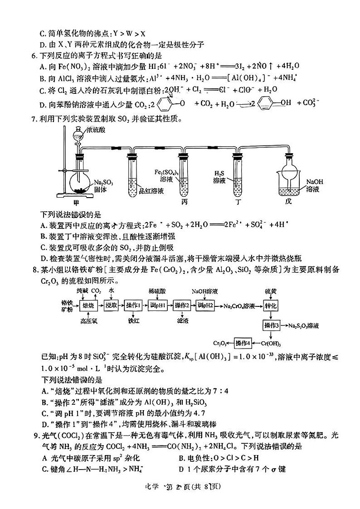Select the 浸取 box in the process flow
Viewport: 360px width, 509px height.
[111, 306]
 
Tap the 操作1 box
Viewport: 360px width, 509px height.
[134, 306]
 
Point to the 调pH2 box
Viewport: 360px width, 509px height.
[205, 306]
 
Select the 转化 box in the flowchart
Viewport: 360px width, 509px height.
[271, 306]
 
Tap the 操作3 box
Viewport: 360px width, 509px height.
[271, 325]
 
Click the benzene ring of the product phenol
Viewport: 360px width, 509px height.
[267, 104]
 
